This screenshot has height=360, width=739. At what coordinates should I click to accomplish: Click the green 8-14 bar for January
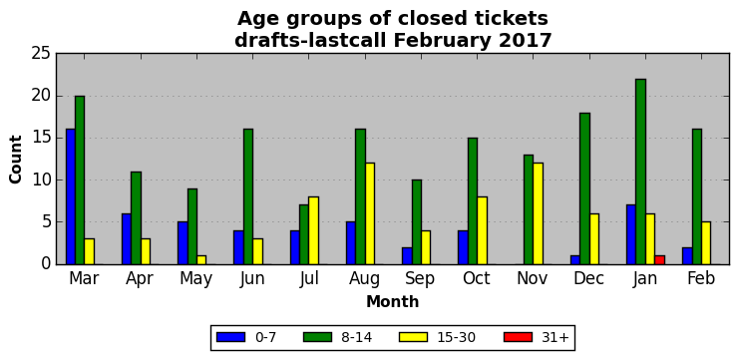pos(640,172)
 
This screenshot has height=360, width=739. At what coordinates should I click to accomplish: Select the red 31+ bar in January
pos(659,259)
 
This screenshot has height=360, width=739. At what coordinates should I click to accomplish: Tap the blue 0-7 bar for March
pos(70,196)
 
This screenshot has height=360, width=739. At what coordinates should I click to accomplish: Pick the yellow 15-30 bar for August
pos(370,213)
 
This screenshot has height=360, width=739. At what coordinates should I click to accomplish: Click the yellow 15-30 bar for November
pos(539,213)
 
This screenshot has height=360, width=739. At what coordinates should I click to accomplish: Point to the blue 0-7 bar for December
pos(575,259)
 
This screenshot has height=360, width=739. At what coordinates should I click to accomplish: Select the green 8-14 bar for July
pos(304,234)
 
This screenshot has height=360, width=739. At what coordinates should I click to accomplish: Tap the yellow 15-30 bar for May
pos(201,259)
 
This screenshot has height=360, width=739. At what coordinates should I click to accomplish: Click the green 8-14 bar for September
pos(417,222)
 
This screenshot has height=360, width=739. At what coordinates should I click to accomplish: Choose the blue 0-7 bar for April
pos(127,239)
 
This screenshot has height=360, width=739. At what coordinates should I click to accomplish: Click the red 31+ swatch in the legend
pos(518,337)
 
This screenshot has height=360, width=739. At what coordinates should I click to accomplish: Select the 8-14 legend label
pos(356,337)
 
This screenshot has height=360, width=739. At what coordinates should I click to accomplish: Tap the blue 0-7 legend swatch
pos(231,337)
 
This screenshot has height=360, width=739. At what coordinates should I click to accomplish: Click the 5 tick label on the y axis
pos(46,222)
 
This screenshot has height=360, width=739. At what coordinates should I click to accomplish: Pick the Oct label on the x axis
pos(476,278)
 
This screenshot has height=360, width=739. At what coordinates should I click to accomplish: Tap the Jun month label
pos(251,279)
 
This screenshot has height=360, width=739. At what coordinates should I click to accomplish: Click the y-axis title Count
pos(16,160)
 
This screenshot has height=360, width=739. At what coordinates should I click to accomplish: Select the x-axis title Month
pos(393,301)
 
